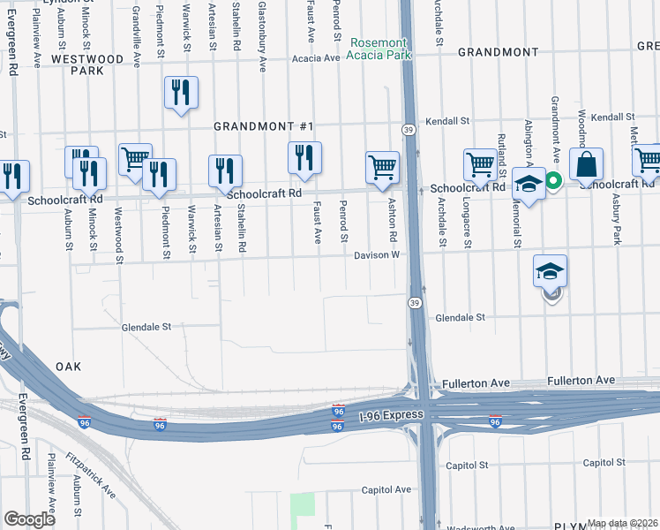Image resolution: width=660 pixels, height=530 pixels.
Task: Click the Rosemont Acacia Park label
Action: tap(379, 49)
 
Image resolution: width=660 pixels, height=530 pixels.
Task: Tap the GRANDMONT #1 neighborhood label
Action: tap(265, 126)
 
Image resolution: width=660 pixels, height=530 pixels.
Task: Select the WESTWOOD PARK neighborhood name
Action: tap(87, 64)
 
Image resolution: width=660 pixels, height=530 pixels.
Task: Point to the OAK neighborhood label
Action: tap(68, 366)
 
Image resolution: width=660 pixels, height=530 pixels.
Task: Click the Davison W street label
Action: tap(378, 255)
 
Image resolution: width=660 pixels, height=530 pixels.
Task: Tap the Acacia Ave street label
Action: tap(319, 58)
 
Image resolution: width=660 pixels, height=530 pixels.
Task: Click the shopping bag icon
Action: tap(586, 164)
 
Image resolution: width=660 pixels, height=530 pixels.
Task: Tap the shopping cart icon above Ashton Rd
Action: tap(382, 167)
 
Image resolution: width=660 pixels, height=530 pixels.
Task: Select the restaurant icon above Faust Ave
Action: tap(304, 158)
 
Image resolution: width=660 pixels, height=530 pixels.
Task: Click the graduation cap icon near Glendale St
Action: tap(550, 272)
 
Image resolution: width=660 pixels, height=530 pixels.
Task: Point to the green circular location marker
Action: tap(553, 183)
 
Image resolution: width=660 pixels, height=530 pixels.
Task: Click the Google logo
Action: tap(29, 519)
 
